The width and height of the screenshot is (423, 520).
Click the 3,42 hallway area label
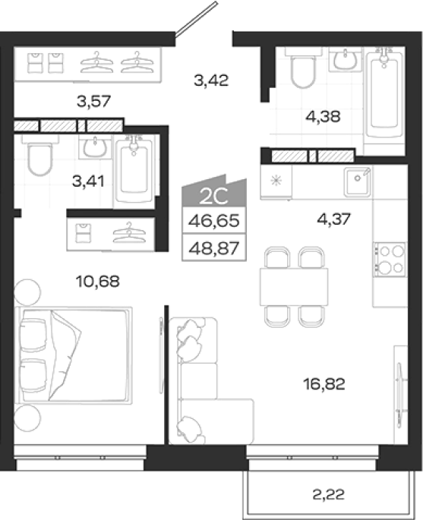pos(211,80)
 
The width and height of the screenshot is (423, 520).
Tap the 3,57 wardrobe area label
pos(93,101)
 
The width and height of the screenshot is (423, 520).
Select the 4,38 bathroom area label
pos(324,117)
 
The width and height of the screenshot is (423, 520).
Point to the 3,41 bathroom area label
pos(88,181)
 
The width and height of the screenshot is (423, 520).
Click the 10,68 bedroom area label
pos(97,282)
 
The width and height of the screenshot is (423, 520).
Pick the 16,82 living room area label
pos(324,384)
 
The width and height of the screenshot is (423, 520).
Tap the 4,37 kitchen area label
pos(333,219)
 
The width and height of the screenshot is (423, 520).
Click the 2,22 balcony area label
pos(328,495)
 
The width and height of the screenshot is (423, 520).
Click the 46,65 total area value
pos(214,221)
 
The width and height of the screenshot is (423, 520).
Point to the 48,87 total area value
pos(214,247)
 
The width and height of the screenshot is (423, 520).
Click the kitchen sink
pos(357,181)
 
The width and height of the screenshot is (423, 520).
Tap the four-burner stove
pos(390,260)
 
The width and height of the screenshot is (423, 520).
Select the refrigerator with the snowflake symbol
pos(276,181)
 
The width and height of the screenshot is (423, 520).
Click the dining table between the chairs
pos(294,287)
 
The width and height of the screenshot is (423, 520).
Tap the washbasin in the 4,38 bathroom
pos(345,59)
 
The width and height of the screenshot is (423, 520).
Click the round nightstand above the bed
pos(27,292)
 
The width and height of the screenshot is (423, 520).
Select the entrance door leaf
pos(196,18)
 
